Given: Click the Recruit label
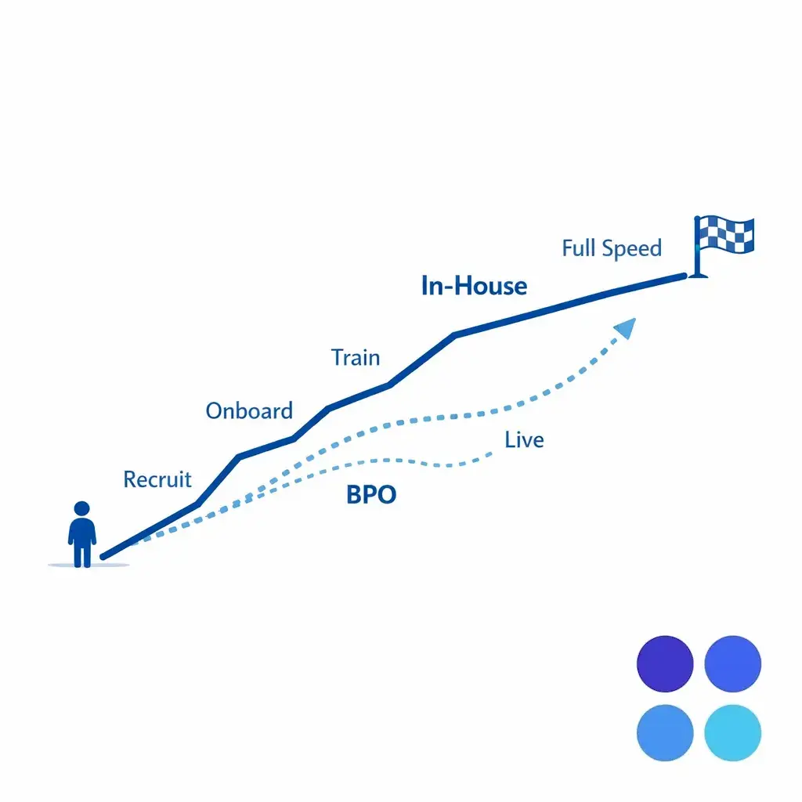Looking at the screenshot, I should (157, 479).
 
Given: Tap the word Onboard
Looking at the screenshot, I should (249, 410).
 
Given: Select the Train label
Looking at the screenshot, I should (356, 358).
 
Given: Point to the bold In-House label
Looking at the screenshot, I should (474, 286).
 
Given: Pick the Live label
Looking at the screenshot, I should (524, 440).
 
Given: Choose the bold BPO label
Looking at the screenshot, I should (371, 495).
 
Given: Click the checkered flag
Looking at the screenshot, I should (725, 234).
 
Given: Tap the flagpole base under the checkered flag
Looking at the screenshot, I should (698, 273).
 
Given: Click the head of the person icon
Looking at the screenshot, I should (82, 508).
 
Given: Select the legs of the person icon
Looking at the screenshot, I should (82, 555).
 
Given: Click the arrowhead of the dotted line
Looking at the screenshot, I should (625, 327).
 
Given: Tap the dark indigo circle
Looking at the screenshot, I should (666, 664).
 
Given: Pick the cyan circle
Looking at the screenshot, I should (733, 732).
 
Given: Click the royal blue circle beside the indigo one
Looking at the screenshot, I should (733, 664).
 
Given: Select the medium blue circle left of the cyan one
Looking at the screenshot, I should (666, 732).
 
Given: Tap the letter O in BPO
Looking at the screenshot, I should (385, 495).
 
